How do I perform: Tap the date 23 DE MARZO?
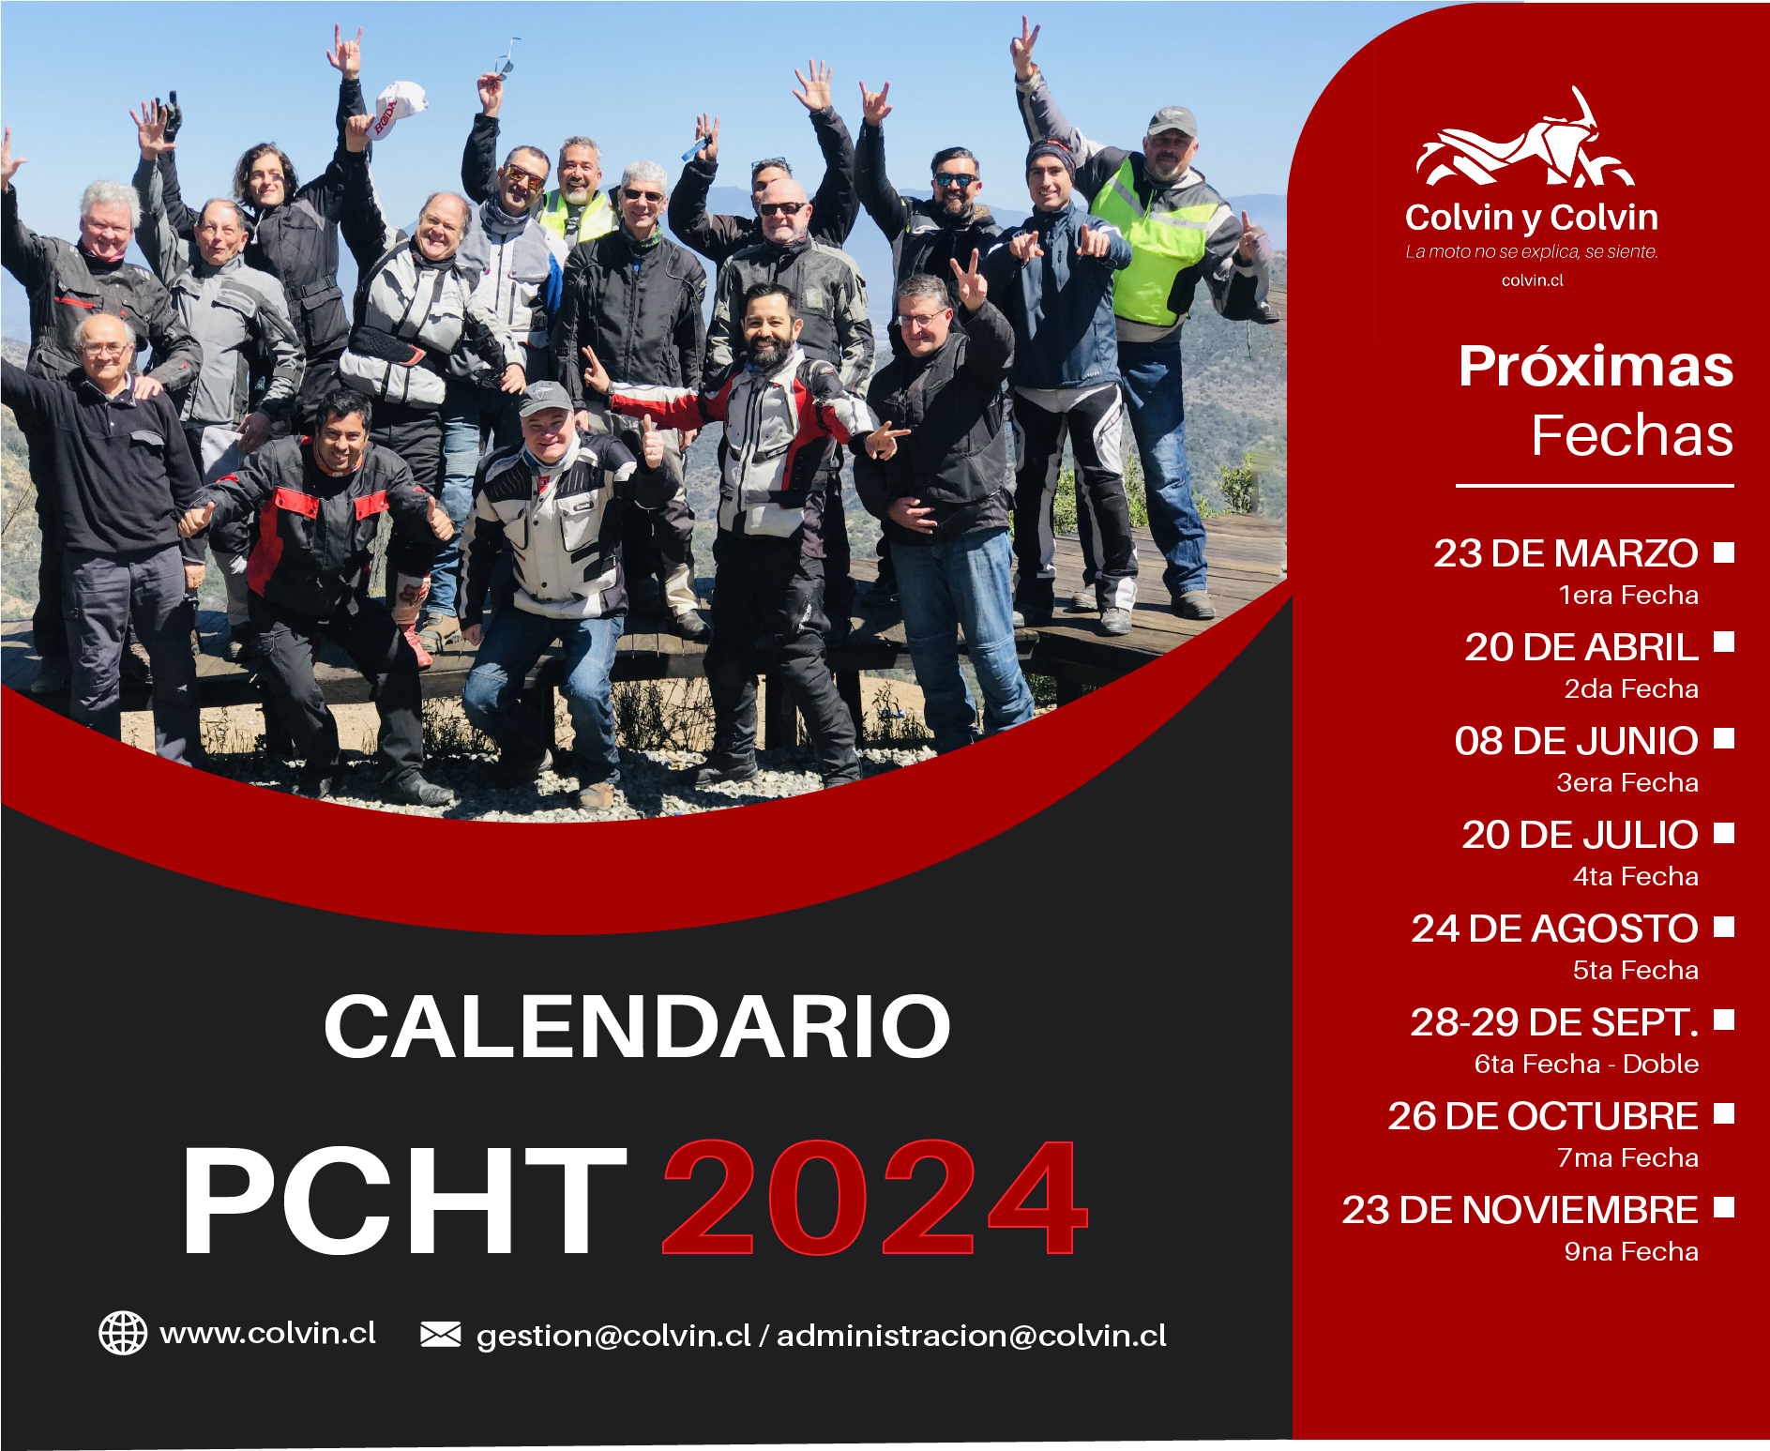coord(1566,553)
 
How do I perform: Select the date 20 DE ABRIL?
coord(1581,647)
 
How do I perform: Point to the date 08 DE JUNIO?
coord(1577,741)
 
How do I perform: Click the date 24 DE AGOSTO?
coord(1555,929)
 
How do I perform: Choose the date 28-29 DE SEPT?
coord(1554,1022)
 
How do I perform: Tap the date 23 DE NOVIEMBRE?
coord(1520,1210)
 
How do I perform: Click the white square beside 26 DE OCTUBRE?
coord(1724,1113)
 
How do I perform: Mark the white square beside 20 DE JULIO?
coord(1724,833)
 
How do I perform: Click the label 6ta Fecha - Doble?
coord(1586,1064)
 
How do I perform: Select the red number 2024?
coord(875,1198)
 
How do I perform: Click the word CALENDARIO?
coord(638,1026)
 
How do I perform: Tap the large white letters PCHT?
coord(405,1200)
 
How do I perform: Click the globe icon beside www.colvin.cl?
coord(123,1333)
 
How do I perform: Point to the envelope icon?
coord(441,1334)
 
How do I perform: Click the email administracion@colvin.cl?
coord(972,1336)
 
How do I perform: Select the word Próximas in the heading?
coord(1596,367)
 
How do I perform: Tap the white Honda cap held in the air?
coord(398,109)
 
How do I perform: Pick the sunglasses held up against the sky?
coord(507,57)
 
